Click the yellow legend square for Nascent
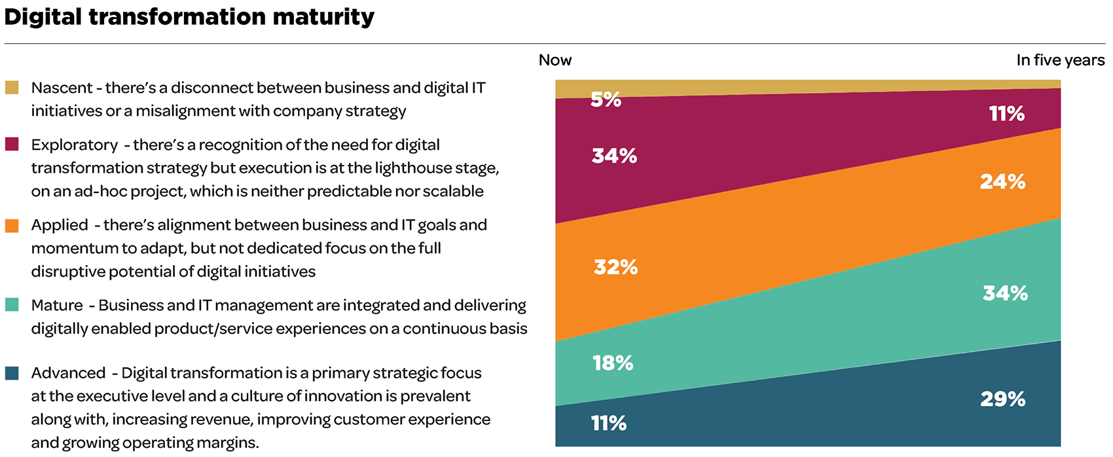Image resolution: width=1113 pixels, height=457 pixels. click(x=12, y=88)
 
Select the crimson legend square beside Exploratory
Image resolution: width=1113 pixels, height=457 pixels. click(x=12, y=145)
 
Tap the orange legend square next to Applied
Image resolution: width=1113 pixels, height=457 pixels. click(x=12, y=226)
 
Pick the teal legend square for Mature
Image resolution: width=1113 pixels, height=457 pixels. click(x=12, y=305)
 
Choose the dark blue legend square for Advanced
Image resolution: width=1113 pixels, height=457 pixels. click(x=12, y=373)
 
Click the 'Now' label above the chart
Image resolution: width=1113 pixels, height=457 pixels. click(x=555, y=60)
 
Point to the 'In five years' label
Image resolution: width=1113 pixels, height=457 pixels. click(x=1060, y=60)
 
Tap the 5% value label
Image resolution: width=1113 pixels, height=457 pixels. click(x=606, y=100)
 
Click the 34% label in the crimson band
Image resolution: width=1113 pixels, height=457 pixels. click(x=614, y=156)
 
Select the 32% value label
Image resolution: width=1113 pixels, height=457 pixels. click(x=615, y=267)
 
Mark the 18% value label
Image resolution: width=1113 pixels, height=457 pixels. click(x=613, y=363)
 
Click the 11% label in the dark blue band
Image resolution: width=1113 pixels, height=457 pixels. click(x=609, y=424)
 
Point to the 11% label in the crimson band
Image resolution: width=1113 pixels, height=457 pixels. click(x=1007, y=114)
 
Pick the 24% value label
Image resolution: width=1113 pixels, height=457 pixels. click(x=1002, y=181)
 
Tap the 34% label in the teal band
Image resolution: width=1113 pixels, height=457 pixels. click(x=1005, y=293)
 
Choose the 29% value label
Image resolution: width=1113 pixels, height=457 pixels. click(x=1002, y=399)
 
